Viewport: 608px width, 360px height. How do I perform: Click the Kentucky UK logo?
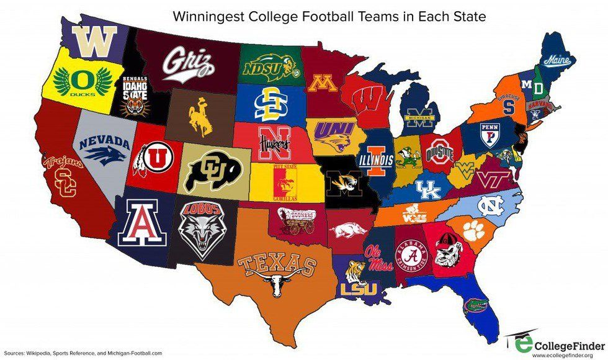[428, 189]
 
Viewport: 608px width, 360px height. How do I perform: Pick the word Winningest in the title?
[256, 14]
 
